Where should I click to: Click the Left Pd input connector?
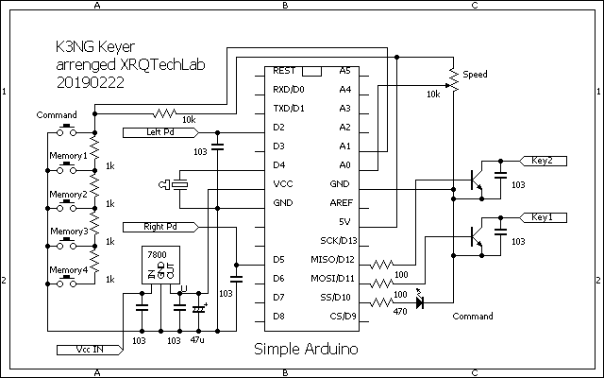tap(161, 132)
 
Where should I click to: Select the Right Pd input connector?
tap(161, 227)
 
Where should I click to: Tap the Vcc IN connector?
tap(91, 350)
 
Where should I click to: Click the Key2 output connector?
tap(544, 161)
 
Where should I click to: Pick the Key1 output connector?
tap(544, 218)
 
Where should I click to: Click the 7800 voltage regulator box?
tap(161, 265)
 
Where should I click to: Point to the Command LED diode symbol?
tap(420, 302)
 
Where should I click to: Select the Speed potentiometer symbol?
tap(454, 80)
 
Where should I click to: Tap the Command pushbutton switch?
tap(67, 131)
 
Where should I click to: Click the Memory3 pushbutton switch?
tap(67, 245)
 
